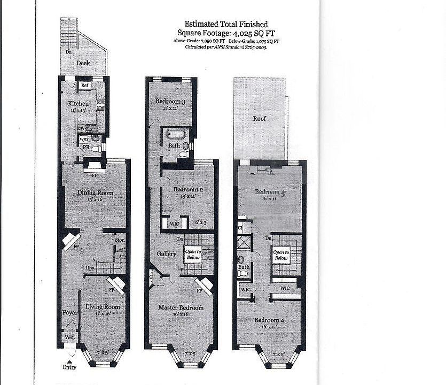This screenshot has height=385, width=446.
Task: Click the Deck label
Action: [82, 63]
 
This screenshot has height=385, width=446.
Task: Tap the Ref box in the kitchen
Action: [84, 85]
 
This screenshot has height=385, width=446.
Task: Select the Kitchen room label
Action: [78, 103]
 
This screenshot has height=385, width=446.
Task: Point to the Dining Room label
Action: [95, 192]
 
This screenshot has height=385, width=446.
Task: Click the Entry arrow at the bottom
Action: [69, 362]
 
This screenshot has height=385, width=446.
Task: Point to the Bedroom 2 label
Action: [188, 189]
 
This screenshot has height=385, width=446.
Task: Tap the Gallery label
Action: [166, 254]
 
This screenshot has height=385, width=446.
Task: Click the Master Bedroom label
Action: [181, 307]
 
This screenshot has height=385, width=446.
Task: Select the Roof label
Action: [260, 118]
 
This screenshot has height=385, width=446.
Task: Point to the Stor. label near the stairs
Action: [120, 240]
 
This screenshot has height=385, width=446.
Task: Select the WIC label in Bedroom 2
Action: [174, 222]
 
